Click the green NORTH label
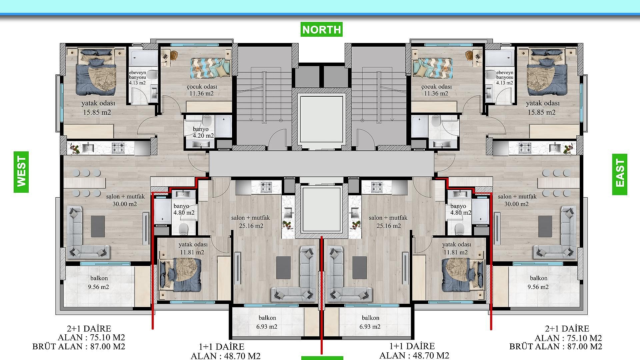click(x=321, y=29)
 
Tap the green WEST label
click(x=21, y=172)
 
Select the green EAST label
click(x=620, y=174)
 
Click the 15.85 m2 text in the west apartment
click(x=97, y=112)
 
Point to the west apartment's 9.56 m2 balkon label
click(x=99, y=283)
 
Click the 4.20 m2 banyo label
click(x=203, y=132)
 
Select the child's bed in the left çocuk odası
click(x=210, y=68)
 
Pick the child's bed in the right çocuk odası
click(x=433, y=68)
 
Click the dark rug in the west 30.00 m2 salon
click(x=98, y=227)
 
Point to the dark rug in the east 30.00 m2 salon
click(x=545, y=227)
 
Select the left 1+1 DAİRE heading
click(x=221, y=347)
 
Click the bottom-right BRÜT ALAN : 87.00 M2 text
click(x=556, y=347)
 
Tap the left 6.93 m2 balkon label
click(x=267, y=322)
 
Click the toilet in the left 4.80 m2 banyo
click(x=183, y=228)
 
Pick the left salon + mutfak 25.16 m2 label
click(x=251, y=222)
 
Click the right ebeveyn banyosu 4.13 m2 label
click(x=505, y=78)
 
